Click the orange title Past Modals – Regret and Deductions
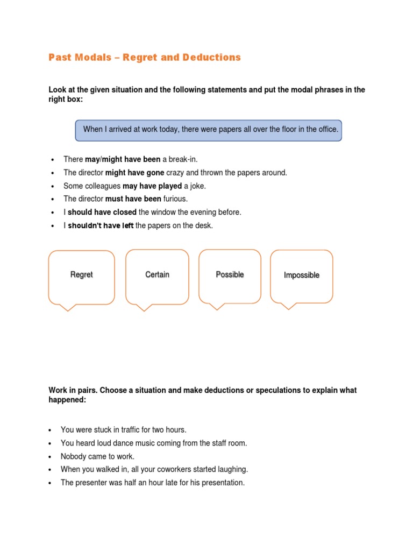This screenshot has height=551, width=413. [145, 57]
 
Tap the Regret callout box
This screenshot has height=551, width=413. [82, 277]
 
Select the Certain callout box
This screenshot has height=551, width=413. [157, 277]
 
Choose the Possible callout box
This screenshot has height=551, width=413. [230, 276]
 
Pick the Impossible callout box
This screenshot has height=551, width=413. [301, 277]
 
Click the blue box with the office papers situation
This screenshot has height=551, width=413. [208, 130]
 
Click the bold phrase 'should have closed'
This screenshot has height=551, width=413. [102, 212]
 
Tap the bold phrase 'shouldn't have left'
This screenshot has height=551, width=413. [101, 225]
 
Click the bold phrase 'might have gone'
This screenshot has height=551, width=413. [134, 173]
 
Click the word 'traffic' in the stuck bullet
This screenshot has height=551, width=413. [123, 430]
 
